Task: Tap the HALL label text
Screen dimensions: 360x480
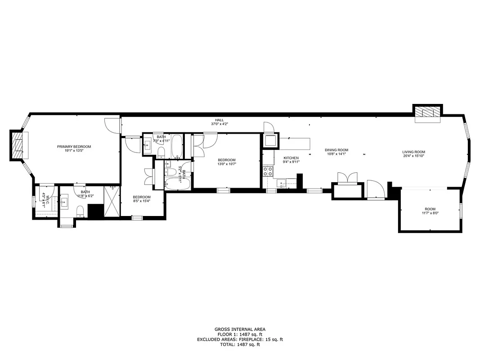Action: coord(219,120)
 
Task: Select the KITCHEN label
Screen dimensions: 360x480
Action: coord(291,158)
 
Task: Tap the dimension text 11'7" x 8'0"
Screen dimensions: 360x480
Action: coord(430,213)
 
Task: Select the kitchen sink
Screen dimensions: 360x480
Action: coord(282,183)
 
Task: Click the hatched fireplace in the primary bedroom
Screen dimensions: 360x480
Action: coord(18,145)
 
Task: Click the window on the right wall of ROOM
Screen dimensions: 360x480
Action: coord(460,210)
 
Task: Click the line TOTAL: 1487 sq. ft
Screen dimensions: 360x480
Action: coord(240,345)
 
